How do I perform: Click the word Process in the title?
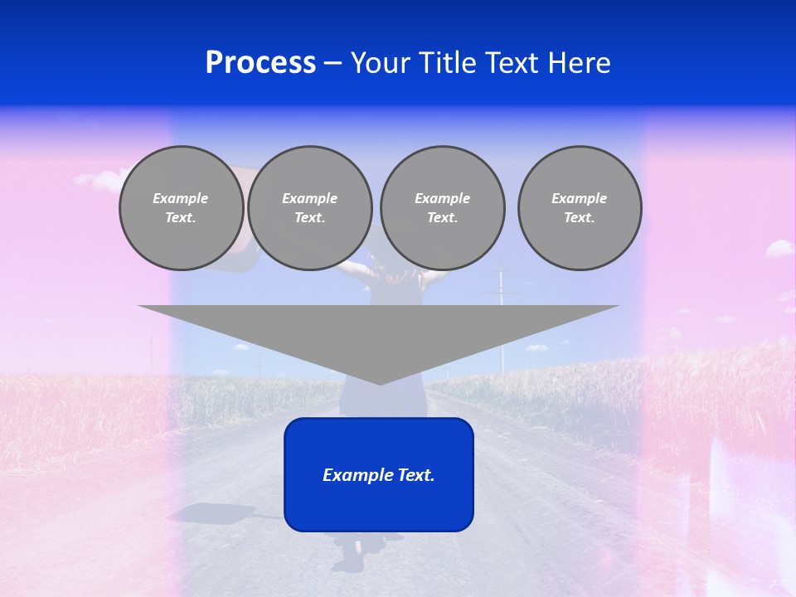pos(260,63)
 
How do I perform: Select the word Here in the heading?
pos(580,63)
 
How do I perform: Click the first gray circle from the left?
pos(182,208)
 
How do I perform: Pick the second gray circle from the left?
pos(310,208)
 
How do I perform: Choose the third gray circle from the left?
pos(443,208)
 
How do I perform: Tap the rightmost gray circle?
pos(580,208)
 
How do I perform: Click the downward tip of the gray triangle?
pos(380,382)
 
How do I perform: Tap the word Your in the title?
pos(381,63)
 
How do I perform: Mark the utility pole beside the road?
pos(501,315)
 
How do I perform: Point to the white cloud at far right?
pos(779,248)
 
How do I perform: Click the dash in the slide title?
pos(333,63)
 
